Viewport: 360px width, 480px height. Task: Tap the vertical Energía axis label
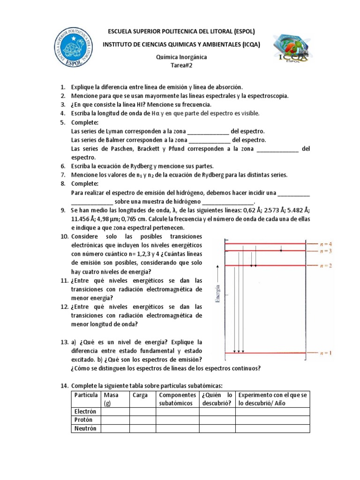(x=217, y=288)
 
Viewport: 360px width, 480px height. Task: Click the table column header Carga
(x=140, y=395)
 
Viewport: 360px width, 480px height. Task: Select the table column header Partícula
(x=86, y=395)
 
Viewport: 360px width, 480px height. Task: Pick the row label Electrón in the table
(x=85, y=411)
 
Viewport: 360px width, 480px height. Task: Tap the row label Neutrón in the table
(x=85, y=428)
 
